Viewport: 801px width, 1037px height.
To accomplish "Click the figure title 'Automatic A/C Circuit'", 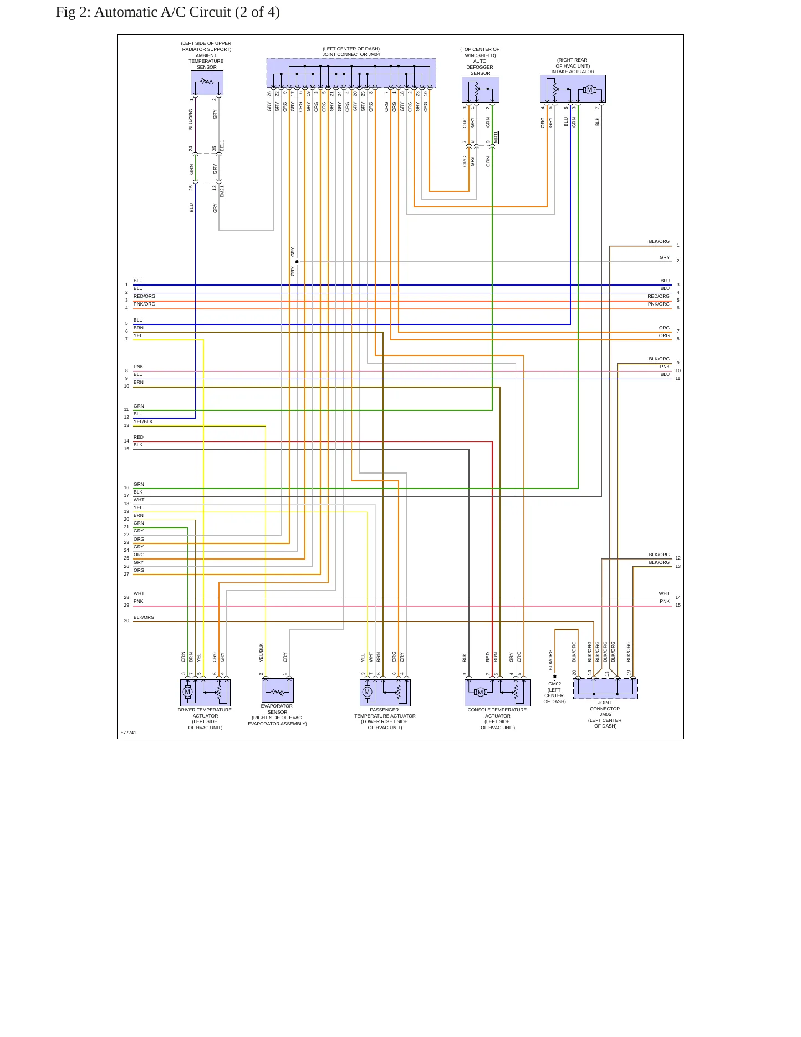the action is [162, 12].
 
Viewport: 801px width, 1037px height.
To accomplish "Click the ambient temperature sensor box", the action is [207, 83].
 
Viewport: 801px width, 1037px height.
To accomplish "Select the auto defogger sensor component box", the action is [480, 90].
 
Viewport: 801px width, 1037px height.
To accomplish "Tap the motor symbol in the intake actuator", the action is [589, 90].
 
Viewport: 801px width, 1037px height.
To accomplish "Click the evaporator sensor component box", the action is [278, 690].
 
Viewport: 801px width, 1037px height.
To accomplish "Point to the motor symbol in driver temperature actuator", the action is [187, 691].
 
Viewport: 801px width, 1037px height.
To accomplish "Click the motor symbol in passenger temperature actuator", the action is [367, 691].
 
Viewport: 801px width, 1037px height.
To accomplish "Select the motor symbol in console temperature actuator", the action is [480, 692].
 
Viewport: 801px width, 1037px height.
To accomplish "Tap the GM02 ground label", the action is [554, 684].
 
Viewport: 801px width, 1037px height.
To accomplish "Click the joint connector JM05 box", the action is [605, 688].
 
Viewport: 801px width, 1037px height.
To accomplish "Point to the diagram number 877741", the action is [129, 733].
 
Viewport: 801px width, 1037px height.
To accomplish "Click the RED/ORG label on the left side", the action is [144, 296].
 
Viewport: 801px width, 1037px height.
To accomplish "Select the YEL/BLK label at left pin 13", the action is [143, 421].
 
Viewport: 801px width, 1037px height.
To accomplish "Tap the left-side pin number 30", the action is [126, 621].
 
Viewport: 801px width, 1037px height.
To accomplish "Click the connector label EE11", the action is [222, 146].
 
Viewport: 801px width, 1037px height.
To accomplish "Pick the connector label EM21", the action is [222, 191].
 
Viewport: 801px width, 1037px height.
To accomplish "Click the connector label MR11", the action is [496, 137].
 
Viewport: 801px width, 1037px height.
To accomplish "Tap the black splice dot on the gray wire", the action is [297, 262].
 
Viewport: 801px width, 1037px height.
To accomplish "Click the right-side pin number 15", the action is [678, 605].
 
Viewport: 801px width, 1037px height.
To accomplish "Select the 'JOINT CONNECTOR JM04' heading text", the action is [351, 54].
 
